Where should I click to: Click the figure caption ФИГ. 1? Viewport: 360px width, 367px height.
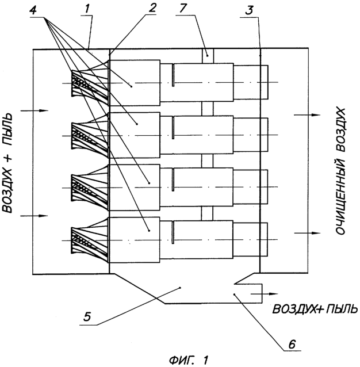[x=183, y=360]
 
